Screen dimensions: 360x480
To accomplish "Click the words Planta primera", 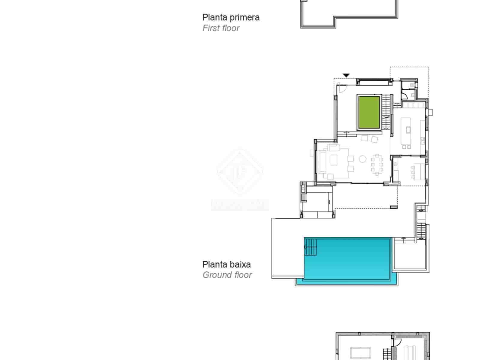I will [231, 17].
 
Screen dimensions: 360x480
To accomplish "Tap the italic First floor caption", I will [221, 28].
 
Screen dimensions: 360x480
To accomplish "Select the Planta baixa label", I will [226, 264].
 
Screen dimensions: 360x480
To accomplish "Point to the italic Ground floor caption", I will [227, 275].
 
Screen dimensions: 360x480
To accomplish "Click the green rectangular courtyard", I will [369, 112].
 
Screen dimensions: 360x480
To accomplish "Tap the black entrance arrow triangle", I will [346, 75].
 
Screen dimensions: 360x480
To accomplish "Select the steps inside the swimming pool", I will [311, 247].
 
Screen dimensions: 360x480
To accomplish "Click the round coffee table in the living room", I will [363, 159].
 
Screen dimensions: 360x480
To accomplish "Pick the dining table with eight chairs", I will [377, 164].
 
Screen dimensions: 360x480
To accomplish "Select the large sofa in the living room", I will [323, 162].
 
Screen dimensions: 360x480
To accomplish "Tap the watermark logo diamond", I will [240, 171].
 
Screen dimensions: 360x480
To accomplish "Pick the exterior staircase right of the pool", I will [421, 231].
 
